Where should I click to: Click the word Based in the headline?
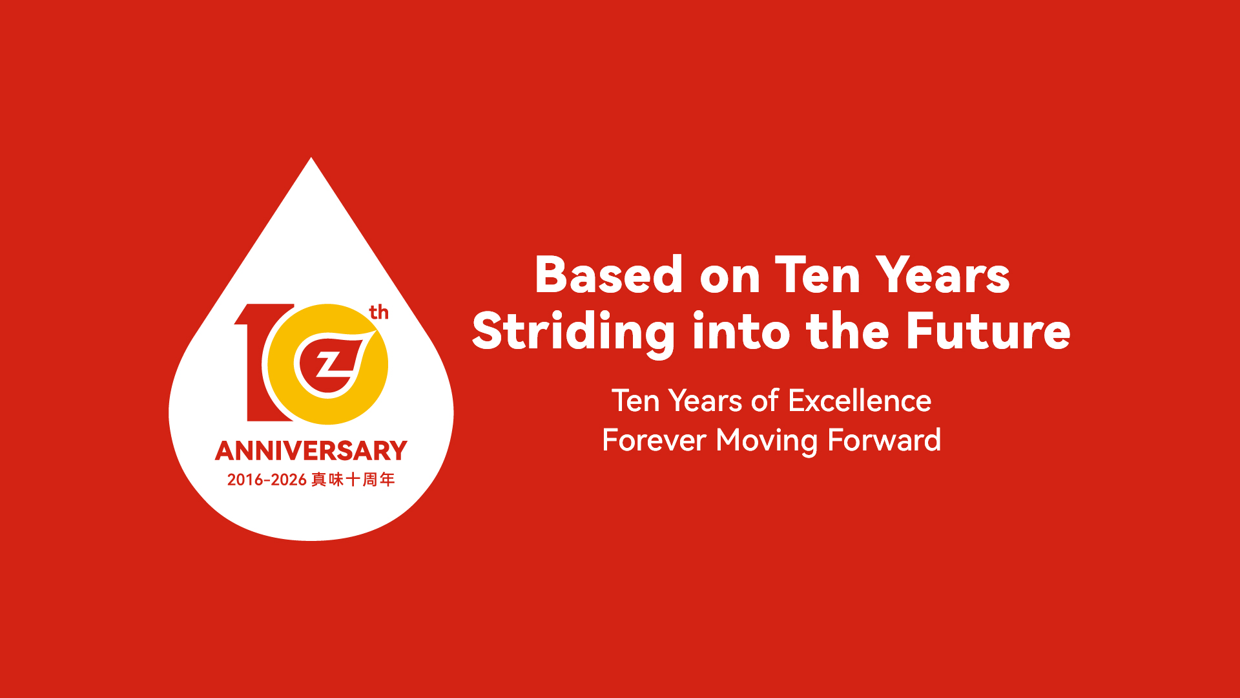(x=609, y=275)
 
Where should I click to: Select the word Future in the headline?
(x=988, y=331)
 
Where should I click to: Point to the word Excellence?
(x=860, y=401)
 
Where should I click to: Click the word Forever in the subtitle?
(x=654, y=440)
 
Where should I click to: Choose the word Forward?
(x=884, y=440)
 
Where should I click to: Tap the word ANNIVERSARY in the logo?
(x=311, y=450)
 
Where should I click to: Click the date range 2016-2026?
(x=266, y=480)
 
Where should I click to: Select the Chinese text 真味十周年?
(x=353, y=480)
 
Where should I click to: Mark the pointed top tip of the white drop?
(x=311, y=158)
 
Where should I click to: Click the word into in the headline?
(x=741, y=331)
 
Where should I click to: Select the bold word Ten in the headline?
(x=818, y=275)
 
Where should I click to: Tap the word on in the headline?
(x=730, y=279)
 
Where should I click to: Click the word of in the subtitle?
(x=765, y=401)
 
